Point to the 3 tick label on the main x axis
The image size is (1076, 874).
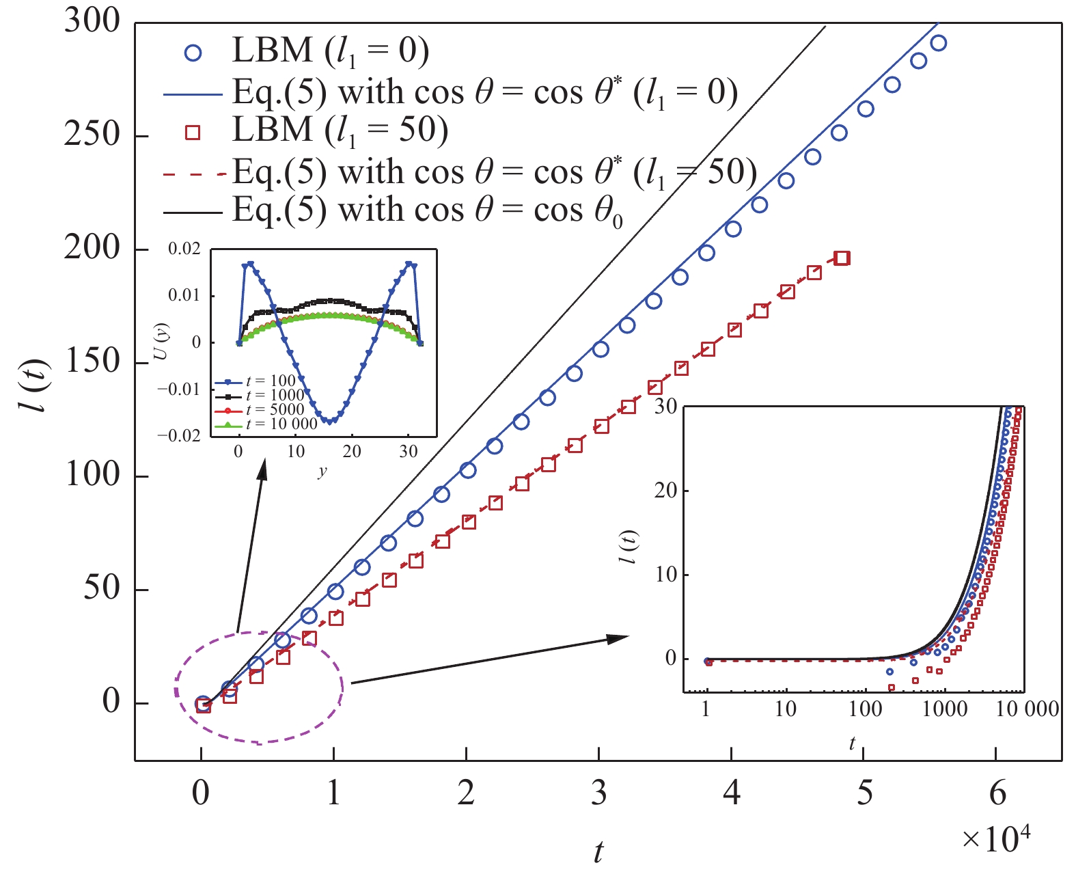pos(598,793)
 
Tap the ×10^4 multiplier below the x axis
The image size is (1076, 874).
pos(995,838)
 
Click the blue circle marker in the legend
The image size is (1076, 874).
pos(193,53)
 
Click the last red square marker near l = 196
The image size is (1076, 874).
pos(842,258)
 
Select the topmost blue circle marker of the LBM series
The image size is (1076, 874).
pos(939,43)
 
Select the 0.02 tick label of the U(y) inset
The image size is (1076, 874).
pos(184,249)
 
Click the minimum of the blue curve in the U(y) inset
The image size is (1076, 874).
pos(330,422)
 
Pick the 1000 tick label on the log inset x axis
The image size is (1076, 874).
pos(945,709)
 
